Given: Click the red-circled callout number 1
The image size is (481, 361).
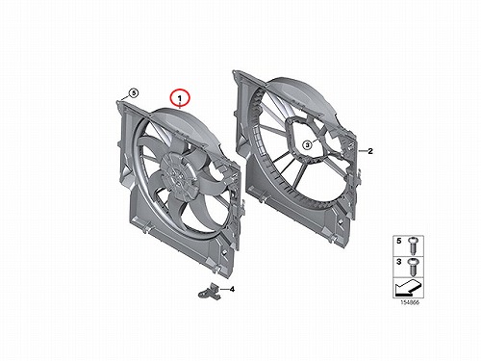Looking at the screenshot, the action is point(180,98).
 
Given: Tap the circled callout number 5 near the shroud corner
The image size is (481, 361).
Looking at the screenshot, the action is point(134,93).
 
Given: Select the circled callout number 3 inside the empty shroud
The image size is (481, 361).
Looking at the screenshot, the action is point(307,145).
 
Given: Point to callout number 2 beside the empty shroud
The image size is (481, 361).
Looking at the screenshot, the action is point(370,151).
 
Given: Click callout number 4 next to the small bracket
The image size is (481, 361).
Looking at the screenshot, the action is point(232,290).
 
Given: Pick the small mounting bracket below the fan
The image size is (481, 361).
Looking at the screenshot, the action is point(210,291).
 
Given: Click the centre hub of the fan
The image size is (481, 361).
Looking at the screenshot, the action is point(178,175).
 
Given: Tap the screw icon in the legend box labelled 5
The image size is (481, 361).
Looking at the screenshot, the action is point(412,245).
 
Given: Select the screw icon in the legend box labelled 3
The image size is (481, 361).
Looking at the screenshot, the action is point(412,267).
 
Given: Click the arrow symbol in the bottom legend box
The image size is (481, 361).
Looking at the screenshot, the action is point(408,288).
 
